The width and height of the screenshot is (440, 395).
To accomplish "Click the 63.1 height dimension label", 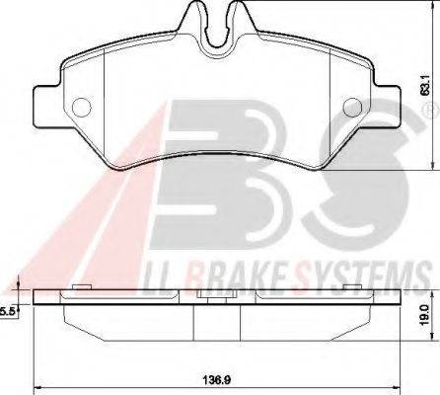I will click(423, 90).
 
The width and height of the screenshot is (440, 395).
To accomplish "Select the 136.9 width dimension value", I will click(215, 378).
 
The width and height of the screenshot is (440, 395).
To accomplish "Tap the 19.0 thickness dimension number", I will click(423, 318).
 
